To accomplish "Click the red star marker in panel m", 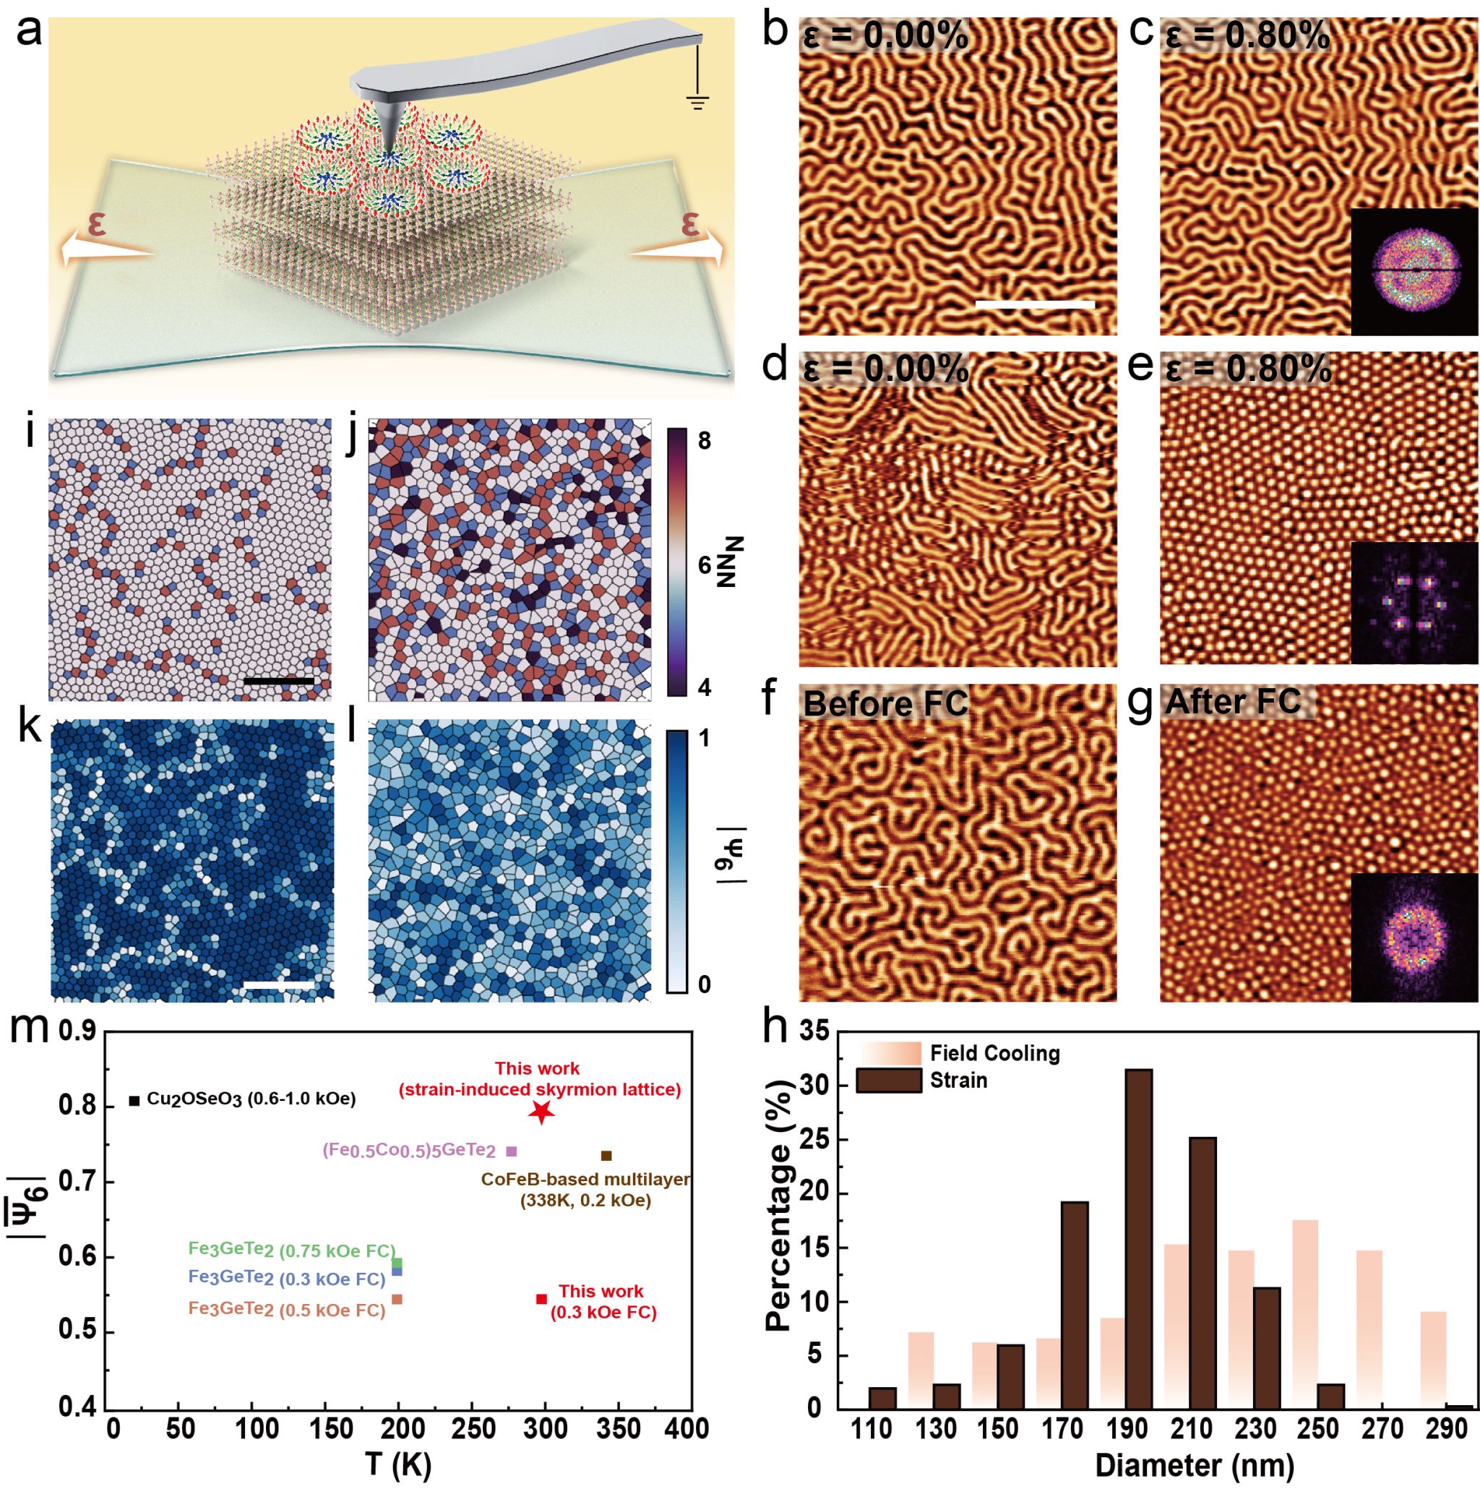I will click(541, 1112).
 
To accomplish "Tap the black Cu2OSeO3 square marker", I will click(134, 1101).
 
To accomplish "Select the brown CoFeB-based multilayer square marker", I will click(606, 1155).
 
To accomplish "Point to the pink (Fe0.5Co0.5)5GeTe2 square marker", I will click(512, 1151).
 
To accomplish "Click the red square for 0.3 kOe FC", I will click(541, 1299).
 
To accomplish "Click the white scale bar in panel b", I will click(1035, 305).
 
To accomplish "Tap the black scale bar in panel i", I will click(278, 681).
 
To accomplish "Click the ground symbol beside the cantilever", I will click(698, 100).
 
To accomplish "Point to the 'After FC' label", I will click(1233, 701).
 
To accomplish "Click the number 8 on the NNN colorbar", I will click(703, 441).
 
